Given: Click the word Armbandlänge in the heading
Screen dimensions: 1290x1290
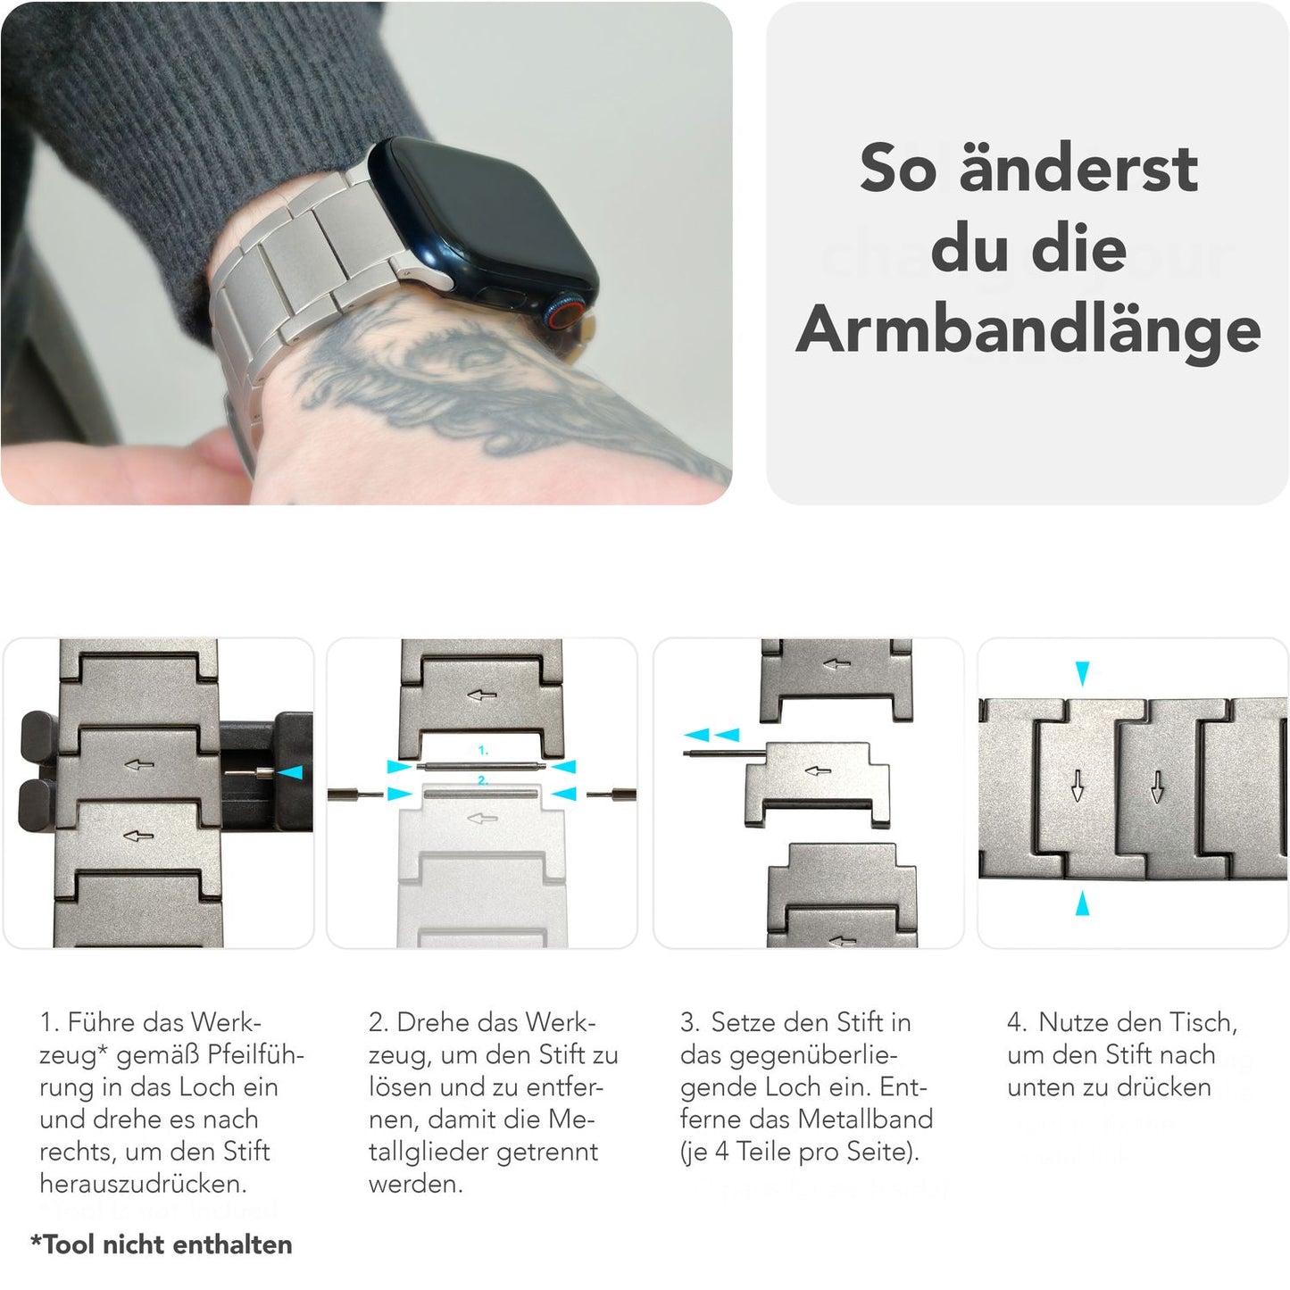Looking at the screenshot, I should click(1028, 331).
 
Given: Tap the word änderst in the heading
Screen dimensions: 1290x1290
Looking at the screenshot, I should click(1078, 169).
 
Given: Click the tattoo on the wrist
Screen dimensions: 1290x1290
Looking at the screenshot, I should click(464, 384).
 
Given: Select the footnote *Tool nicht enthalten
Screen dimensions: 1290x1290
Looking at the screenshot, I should click(162, 1244).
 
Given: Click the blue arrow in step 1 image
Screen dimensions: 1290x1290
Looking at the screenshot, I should click(291, 772).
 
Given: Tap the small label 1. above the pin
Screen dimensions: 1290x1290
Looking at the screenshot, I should click(483, 751).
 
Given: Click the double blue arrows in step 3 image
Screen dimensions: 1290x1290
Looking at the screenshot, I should click(712, 735).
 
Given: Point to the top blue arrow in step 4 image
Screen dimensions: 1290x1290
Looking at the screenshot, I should click(1082, 673).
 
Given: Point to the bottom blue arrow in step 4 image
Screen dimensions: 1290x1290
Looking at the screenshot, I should click(1082, 903).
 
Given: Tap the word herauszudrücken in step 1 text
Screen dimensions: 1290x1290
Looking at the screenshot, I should click(143, 1184).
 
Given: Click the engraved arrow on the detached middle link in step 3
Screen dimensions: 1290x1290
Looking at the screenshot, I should click(817, 771).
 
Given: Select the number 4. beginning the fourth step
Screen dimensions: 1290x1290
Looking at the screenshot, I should click(1017, 1022).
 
